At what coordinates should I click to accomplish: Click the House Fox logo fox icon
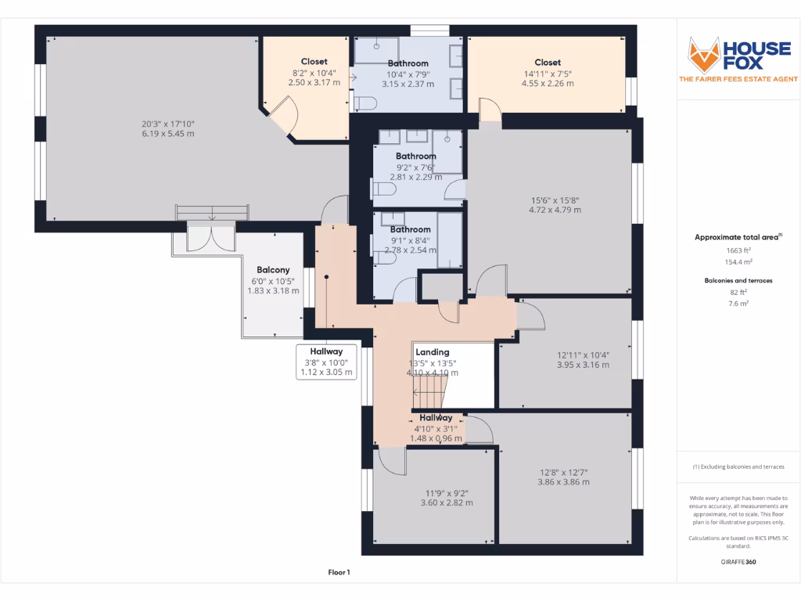pyautogui.click(x=703, y=54)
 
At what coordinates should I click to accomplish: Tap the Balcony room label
pyautogui.click(x=274, y=270)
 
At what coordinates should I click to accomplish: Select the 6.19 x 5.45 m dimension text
pyautogui.click(x=167, y=134)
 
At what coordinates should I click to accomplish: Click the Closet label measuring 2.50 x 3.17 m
pyautogui.click(x=314, y=62)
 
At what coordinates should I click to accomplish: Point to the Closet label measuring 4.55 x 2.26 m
pyautogui.click(x=548, y=63)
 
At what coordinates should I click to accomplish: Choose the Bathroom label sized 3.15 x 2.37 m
pyautogui.click(x=408, y=63)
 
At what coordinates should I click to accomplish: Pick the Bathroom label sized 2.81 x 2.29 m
pyautogui.click(x=415, y=157)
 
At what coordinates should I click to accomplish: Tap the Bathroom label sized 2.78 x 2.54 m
pyautogui.click(x=411, y=230)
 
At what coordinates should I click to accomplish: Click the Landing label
pyautogui.click(x=432, y=352)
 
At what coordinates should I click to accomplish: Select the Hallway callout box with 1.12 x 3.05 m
pyautogui.click(x=327, y=362)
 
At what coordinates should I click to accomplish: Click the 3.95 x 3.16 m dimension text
pyautogui.click(x=582, y=365)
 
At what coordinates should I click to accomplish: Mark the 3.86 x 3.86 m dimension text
pyautogui.click(x=563, y=482)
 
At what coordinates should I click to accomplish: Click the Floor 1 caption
pyautogui.click(x=339, y=572)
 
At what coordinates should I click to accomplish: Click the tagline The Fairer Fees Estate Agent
pyautogui.click(x=738, y=79)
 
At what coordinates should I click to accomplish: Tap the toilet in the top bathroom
pyautogui.click(x=368, y=101)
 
